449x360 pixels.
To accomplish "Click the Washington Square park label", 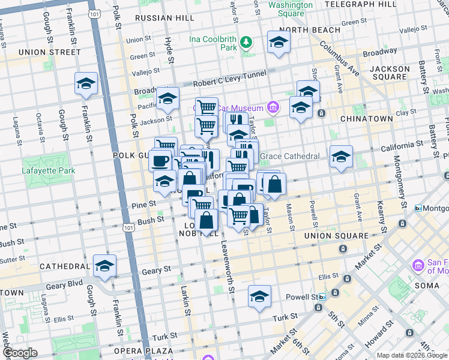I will tap(291, 9).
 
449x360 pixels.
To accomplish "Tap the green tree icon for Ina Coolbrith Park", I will tap(246, 42).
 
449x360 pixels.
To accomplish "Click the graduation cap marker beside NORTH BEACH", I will tap(278, 43).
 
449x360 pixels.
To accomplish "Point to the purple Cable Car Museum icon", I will tap(273, 108).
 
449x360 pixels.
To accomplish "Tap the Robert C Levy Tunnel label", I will tap(229, 84).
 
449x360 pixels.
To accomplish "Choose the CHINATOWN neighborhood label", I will tap(366, 119).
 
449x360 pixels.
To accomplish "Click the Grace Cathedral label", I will tap(291, 157).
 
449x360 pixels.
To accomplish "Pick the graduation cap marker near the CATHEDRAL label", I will tap(104, 266).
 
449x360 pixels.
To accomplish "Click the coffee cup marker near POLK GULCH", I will tap(160, 160).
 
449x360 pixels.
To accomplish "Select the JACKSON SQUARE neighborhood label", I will tap(390, 73).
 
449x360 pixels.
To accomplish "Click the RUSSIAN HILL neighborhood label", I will tap(164, 18).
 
